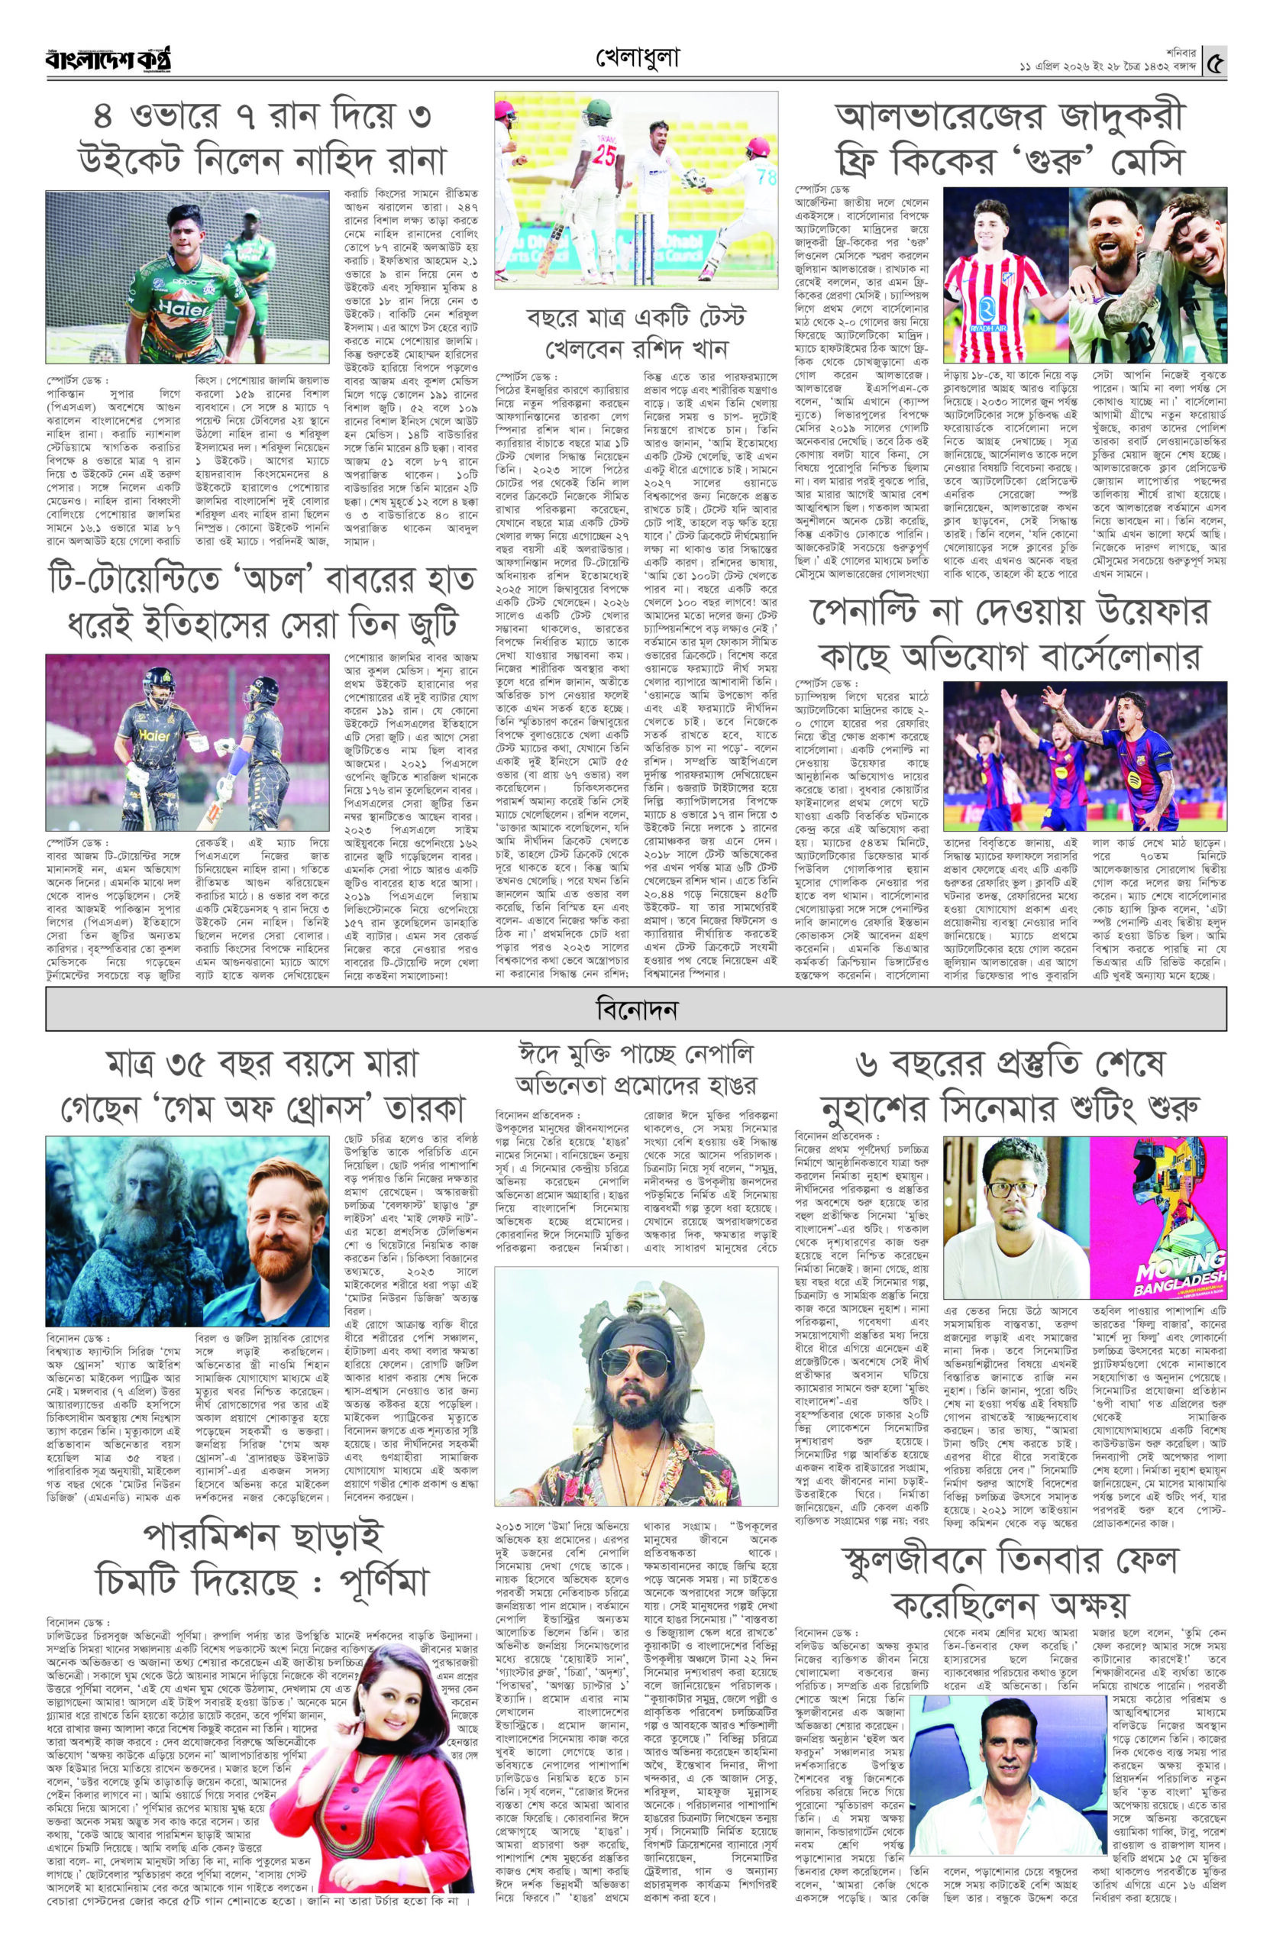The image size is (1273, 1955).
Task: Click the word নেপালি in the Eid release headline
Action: (x=720, y=1055)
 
